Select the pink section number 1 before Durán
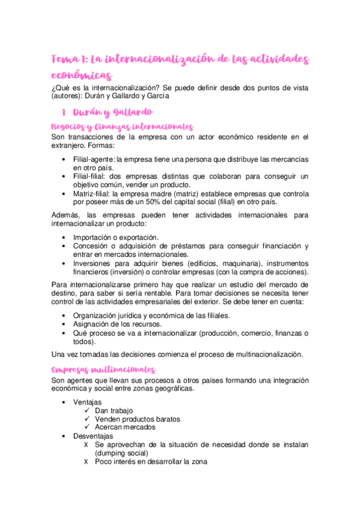click(x=63, y=112)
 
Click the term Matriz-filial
click(x=93, y=194)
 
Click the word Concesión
click(x=93, y=246)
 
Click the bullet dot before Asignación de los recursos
click(x=64, y=324)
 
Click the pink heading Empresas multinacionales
click(x=104, y=369)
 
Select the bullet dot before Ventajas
click(x=64, y=402)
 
